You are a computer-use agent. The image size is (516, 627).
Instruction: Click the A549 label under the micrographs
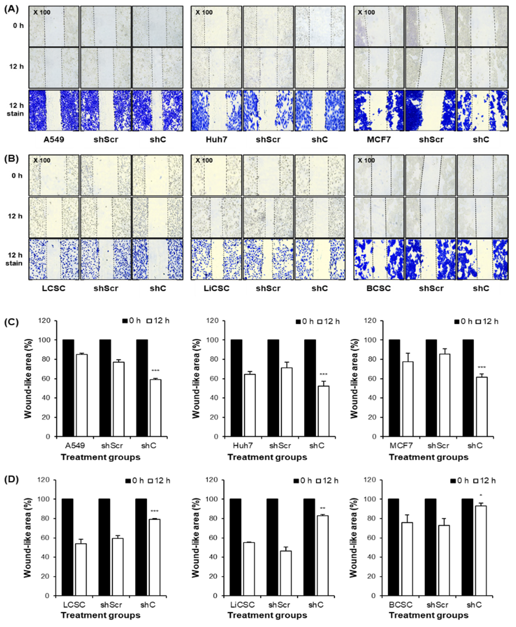[x=54, y=140]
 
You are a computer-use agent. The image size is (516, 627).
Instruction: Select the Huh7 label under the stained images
[x=216, y=140]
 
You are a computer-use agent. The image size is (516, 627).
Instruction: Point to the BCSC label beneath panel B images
[x=378, y=288]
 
